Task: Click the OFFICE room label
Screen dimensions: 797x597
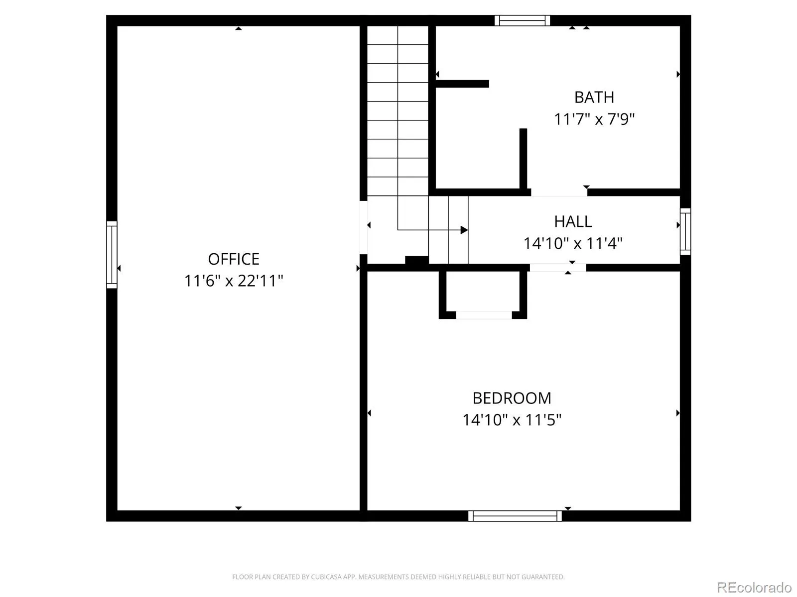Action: coord(234,259)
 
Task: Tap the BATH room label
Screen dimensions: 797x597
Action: coord(594,97)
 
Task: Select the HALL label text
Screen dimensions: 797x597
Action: coord(573,221)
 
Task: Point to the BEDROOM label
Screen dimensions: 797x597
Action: coord(512,398)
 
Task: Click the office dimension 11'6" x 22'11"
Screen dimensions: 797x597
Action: coord(234,281)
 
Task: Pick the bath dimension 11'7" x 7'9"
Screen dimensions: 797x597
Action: coord(594,119)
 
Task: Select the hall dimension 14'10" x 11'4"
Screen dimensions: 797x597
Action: coord(573,243)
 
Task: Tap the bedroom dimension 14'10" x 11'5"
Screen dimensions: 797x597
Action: coord(512,420)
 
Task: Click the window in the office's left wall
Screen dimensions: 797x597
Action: coord(112,255)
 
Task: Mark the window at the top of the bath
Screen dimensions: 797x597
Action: coord(522,21)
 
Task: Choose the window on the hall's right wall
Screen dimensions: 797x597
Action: coord(685,232)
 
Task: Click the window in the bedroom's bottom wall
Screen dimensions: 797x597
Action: coord(515,516)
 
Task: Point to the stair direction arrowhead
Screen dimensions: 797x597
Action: coord(464,230)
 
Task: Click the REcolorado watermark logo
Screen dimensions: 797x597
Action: coord(754,587)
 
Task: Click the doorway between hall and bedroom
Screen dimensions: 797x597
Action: coord(558,268)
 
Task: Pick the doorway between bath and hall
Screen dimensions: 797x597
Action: coord(559,193)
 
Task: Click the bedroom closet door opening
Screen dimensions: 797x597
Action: coord(484,315)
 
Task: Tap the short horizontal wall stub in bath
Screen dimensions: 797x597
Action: coord(462,84)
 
